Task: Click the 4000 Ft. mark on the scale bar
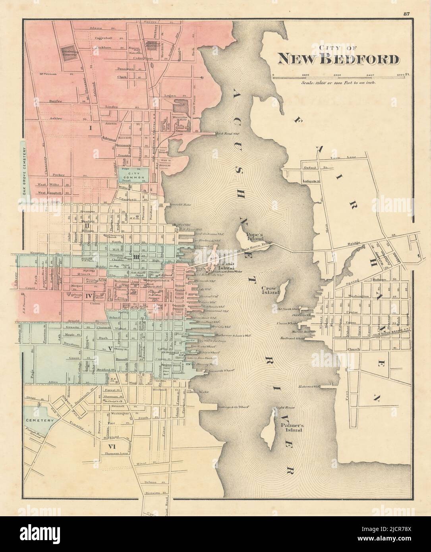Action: (x=400, y=74)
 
